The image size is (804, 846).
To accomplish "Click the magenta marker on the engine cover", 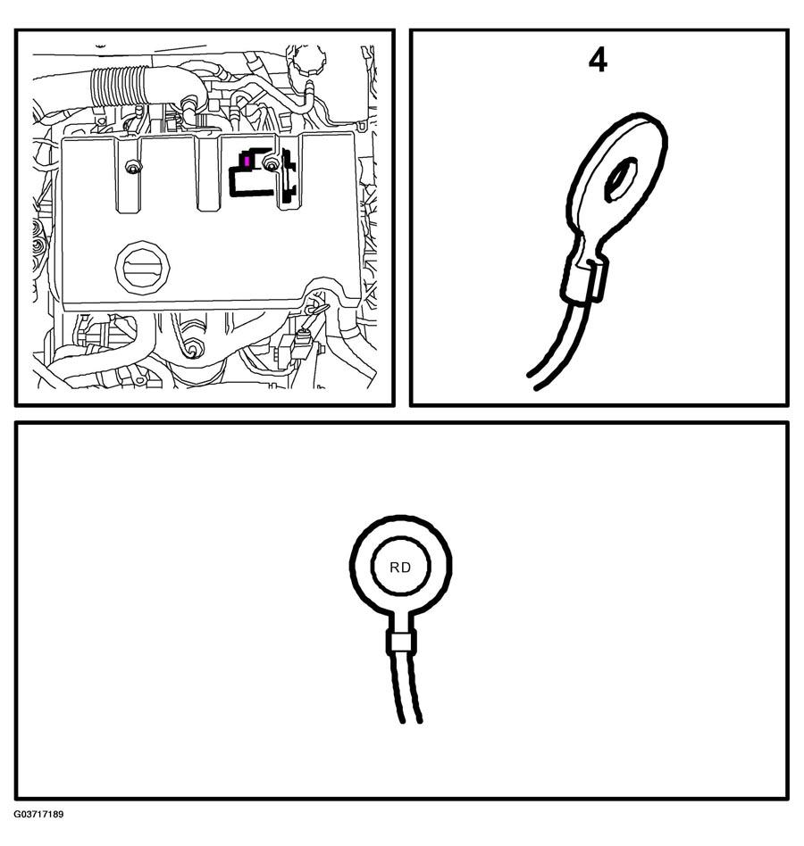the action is [x=247, y=161].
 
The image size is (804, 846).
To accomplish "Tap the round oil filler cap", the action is [x=143, y=268].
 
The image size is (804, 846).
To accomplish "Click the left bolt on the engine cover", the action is [x=131, y=168].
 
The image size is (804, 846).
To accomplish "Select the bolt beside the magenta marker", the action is [x=270, y=163].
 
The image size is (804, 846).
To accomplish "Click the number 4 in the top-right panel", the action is [x=598, y=61].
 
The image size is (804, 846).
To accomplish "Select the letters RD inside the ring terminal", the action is [x=400, y=567].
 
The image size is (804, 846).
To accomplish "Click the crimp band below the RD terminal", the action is [x=401, y=642].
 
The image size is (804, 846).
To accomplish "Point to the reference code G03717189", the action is [x=38, y=814].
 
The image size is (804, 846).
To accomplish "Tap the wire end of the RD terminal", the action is [x=410, y=721].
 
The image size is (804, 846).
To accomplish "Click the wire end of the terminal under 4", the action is [x=532, y=380].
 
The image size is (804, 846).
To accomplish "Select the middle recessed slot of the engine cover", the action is [x=208, y=172].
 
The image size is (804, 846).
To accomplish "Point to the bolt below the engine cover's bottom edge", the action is [x=191, y=349].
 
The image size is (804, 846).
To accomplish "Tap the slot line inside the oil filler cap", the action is [x=143, y=268].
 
